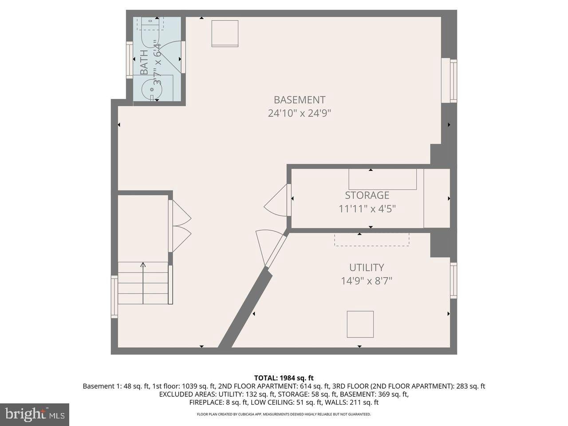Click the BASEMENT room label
point(299,100)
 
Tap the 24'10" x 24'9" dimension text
point(299,113)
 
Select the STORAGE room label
point(367,195)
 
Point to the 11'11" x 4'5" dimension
point(367,209)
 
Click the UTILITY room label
point(366,268)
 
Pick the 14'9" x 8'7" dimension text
point(366,281)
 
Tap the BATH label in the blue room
point(145,63)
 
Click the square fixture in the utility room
point(360,324)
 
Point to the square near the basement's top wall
point(225,33)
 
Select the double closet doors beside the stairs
point(181,226)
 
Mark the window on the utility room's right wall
point(453,280)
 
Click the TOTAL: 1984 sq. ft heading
point(284,378)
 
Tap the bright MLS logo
point(34,415)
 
